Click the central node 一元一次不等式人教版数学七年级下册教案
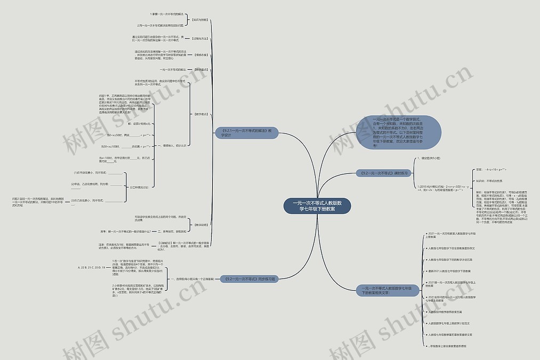(317, 206)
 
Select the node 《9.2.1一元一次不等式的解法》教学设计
(246, 132)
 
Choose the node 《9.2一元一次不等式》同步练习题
(250, 278)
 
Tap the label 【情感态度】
(201, 54)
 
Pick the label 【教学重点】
(201, 69)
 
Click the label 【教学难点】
(201, 114)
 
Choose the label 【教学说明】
(201, 225)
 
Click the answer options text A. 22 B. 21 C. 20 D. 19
(91, 267)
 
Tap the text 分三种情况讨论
(139, 187)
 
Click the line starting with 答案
(490, 170)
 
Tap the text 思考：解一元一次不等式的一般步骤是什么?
(125, 231)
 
